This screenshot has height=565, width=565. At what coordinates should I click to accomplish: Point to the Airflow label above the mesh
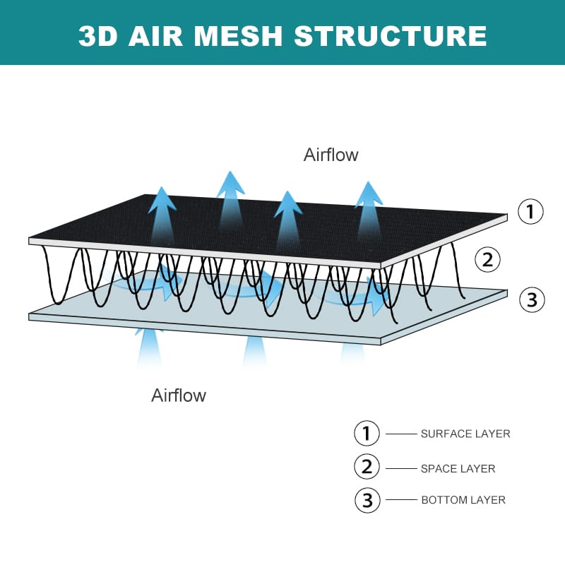(x=331, y=155)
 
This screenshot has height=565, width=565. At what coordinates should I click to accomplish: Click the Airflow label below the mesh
(x=179, y=395)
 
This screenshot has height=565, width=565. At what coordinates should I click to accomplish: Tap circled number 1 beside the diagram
(x=530, y=211)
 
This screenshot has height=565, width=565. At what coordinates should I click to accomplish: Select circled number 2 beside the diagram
(x=487, y=259)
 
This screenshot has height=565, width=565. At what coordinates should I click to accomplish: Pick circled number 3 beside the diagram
(x=532, y=299)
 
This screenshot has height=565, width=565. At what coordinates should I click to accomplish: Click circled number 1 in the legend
(x=367, y=433)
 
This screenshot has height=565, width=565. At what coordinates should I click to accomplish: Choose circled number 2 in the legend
(x=367, y=467)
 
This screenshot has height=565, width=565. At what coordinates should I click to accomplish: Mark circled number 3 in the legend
(x=367, y=500)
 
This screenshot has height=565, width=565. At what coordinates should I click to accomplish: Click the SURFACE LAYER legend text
(x=465, y=434)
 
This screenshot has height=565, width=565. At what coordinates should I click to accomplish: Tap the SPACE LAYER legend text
(x=458, y=468)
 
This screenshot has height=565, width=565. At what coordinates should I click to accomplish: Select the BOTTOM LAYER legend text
(x=463, y=500)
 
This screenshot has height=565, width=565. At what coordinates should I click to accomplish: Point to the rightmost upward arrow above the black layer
(x=368, y=208)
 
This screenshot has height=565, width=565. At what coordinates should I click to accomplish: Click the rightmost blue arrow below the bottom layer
(x=352, y=350)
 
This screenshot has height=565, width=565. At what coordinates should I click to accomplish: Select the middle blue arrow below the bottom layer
(x=254, y=351)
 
